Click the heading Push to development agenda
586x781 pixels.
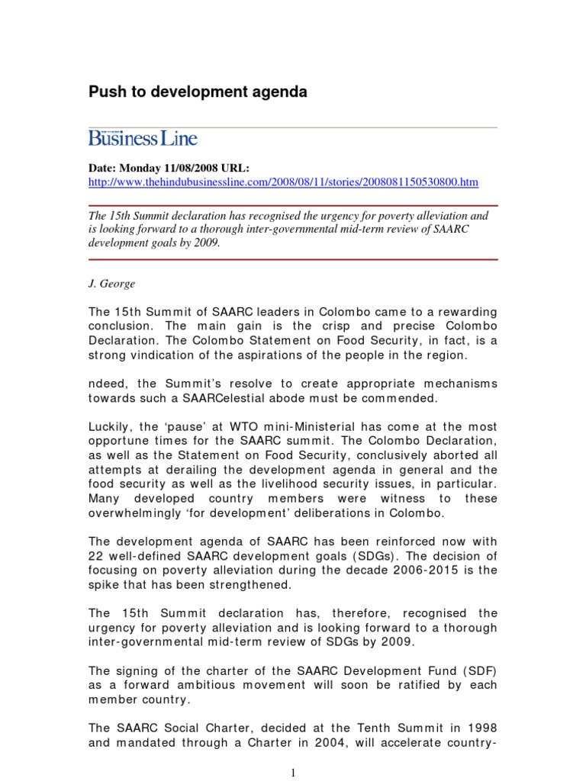[198, 92]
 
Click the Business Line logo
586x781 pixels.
[143, 138]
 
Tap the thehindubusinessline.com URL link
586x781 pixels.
[284, 182]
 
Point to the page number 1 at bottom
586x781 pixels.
[293, 773]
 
